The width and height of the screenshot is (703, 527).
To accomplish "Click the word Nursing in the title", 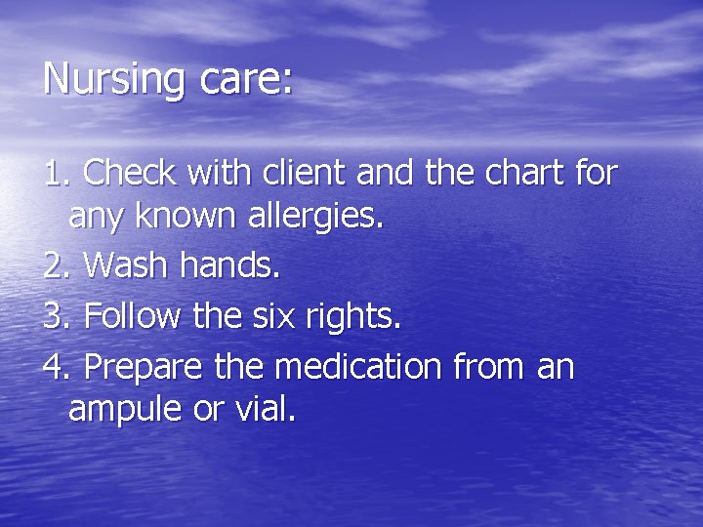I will click(113, 78).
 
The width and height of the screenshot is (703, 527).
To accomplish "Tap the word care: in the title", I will click(244, 78).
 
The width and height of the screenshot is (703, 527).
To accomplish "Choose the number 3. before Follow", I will click(59, 316).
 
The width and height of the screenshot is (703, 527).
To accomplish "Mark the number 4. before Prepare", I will click(59, 367).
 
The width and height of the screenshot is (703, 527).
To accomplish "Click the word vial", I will click(264, 410).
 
